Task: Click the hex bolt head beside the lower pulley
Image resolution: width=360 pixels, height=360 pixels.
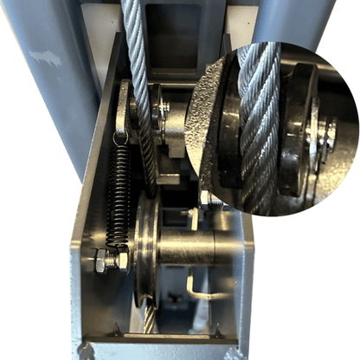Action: [x=102, y=260]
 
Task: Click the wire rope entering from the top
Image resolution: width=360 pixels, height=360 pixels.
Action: [x=136, y=35]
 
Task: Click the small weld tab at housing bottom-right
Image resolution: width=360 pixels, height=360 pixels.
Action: [x=217, y=332]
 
